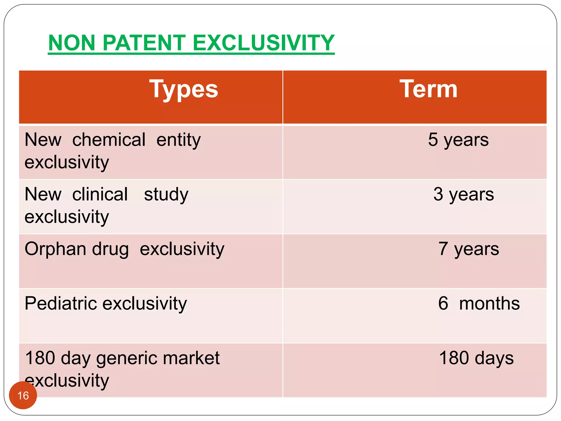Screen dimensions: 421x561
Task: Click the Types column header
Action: point(184,89)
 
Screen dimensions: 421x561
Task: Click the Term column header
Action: point(428,89)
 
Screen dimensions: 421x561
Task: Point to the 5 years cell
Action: point(458,140)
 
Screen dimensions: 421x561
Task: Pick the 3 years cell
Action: point(463,195)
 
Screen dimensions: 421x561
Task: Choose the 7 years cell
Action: point(469,249)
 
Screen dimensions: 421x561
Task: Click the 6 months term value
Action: point(479,304)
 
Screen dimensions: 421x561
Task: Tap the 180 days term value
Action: point(476,358)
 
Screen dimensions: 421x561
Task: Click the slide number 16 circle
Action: point(23,395)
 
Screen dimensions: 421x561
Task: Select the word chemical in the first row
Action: point(109,140)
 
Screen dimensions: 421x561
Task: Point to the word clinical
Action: point(100,194)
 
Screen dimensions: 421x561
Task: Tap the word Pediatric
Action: point(60,303)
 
